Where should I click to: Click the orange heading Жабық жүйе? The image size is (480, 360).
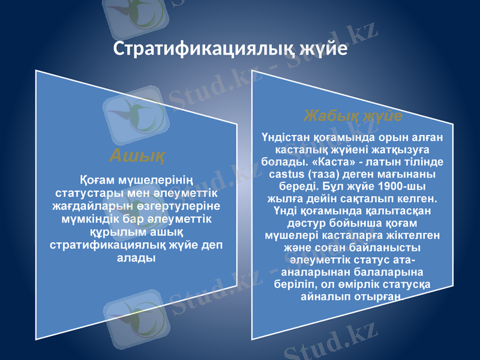coord(352,114)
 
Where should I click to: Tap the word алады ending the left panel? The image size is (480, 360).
coord(134,258)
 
